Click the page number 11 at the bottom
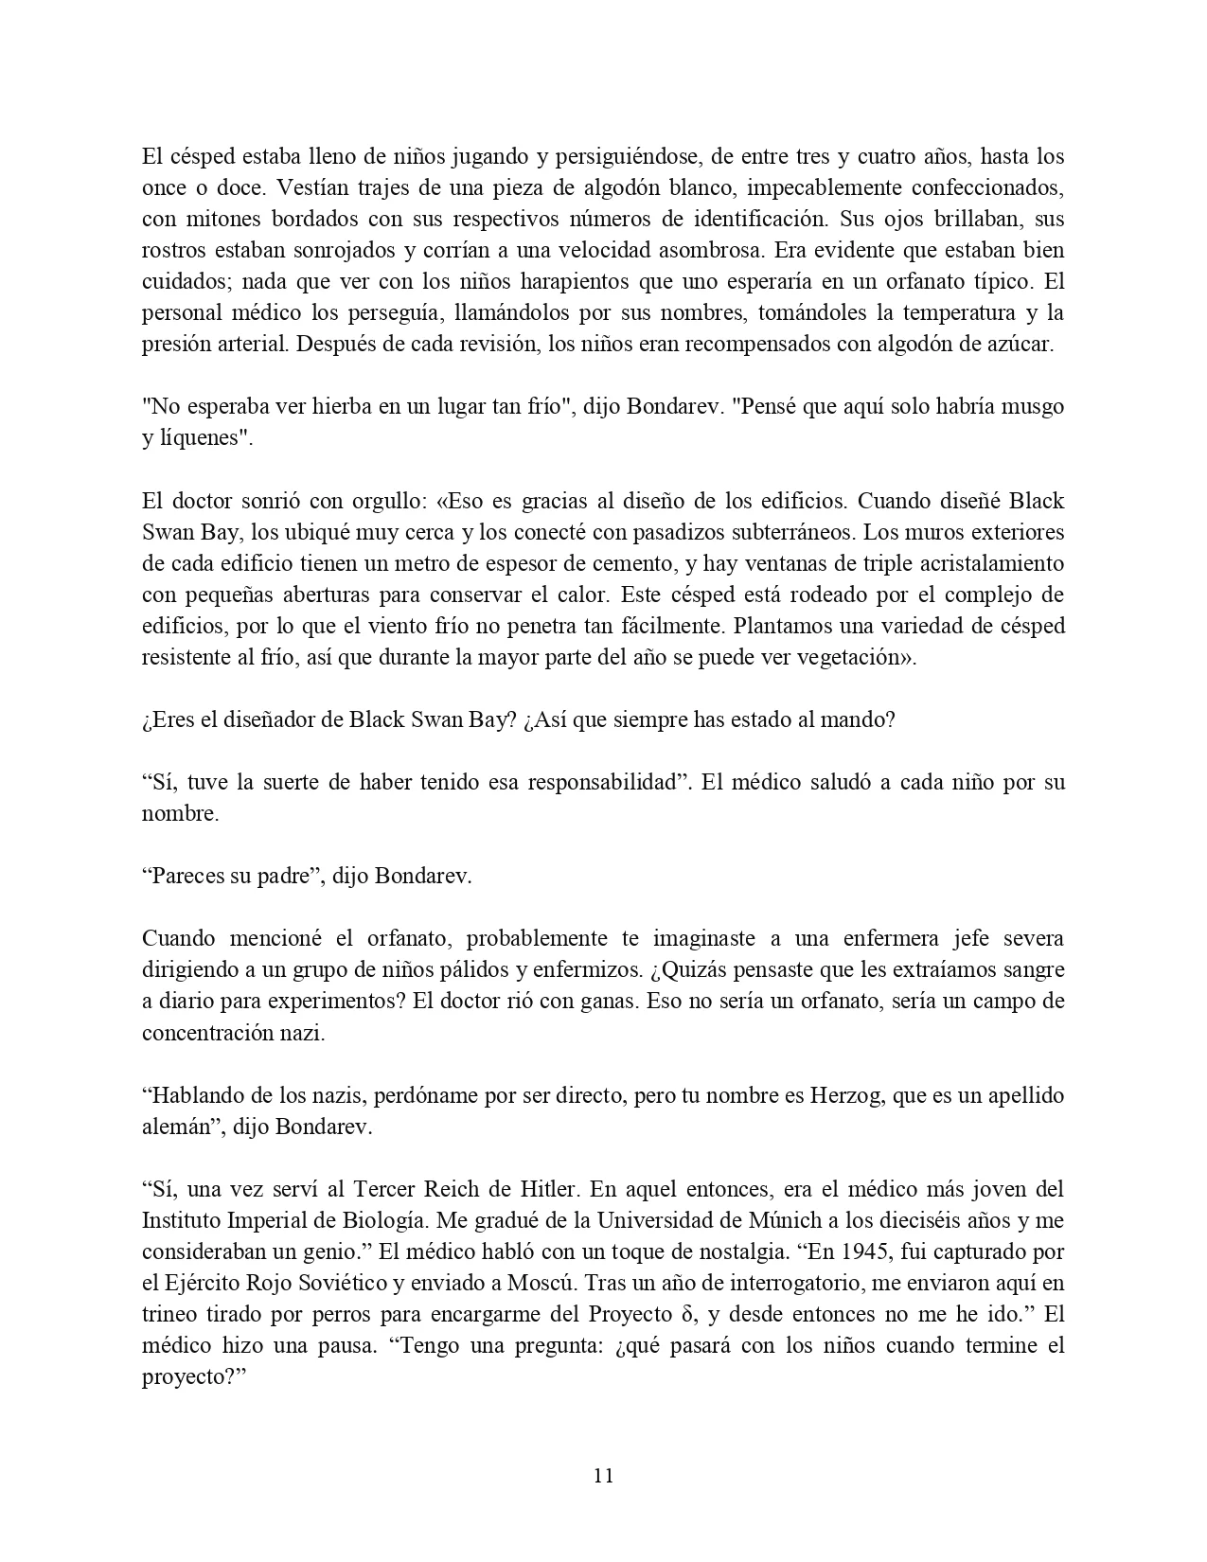[604, 1476]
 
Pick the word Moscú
[546, 1283]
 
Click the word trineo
[171, 1314]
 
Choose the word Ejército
[200, 1283]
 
